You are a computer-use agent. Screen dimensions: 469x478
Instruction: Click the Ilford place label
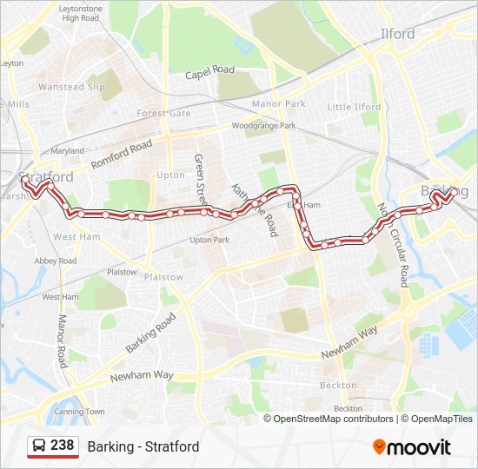pos(399,35)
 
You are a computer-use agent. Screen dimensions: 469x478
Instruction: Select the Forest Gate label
pos(163,114)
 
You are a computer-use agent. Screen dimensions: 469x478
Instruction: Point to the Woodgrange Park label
pos(263,126)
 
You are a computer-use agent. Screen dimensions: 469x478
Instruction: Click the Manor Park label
pos(278,104)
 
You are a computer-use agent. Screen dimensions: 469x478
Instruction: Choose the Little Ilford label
pos(354,107)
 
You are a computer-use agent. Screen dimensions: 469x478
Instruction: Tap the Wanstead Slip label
pos(72,87)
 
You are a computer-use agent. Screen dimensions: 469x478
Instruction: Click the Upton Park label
pos(209,240)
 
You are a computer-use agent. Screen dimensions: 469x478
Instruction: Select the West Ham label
pos(76,236)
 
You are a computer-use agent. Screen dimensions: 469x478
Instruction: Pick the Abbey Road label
pos(56,261)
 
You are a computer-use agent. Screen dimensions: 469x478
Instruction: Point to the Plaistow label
pos(163,277)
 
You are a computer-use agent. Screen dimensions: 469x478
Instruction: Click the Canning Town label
pos(83,411)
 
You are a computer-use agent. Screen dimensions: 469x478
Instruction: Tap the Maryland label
pos(67,151)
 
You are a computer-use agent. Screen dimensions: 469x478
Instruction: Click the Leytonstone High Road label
pos(81,12)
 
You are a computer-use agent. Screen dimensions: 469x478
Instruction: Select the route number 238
pos(62,446)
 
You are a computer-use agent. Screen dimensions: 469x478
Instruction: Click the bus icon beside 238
pos(39,446)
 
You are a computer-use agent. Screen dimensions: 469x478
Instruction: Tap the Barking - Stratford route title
pos(143,446)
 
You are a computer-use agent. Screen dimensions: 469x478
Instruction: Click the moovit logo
pos(412,447)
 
